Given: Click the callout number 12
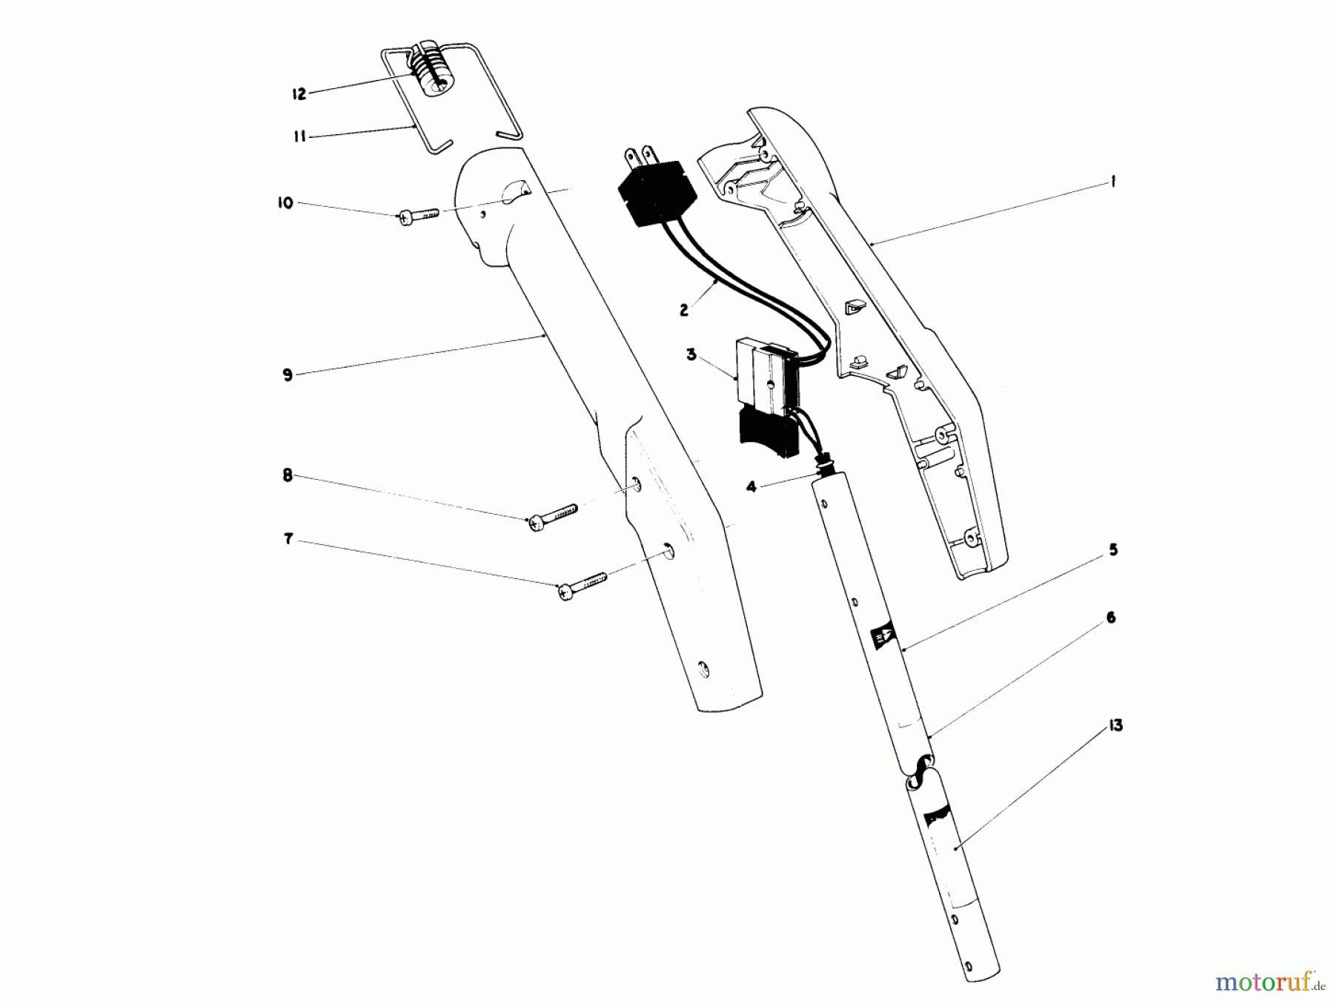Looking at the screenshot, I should pyautogui.click(x=299, y=94).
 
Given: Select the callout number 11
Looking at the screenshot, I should pyautogui.click(x=299, y=137).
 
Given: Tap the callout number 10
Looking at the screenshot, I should pyautogui.click(x=285, y=203).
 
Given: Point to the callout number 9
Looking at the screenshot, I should pyautogui.click(x=288, y=375).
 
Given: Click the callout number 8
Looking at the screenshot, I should pyautogui.click(x=288, y=476).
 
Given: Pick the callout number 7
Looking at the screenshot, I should pyautogui.click(x=288, y=539).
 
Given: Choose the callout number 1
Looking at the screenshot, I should pyautogui.click(x=1113, y=182).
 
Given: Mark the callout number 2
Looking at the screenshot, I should pyautogui.click(x=683, y=311).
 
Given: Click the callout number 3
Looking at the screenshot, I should pyautogui.click(x=691, y=355).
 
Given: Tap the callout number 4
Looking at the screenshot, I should pyautogui.click(x=751, y=487).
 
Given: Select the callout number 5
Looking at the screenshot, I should pyautogui.click(x=1113, y=550).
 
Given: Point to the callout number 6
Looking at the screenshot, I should pyautogui.click(x=1110, y=618).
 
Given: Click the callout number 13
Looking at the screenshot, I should pyautogui.click(x=1115, y=726).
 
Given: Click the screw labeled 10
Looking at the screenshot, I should pyautogui.click(x=419, y=216).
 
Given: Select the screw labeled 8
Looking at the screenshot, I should pyautogui.click(x=552, y=517).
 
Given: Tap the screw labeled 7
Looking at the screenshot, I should pyautogui.click(x=583, y=584).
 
